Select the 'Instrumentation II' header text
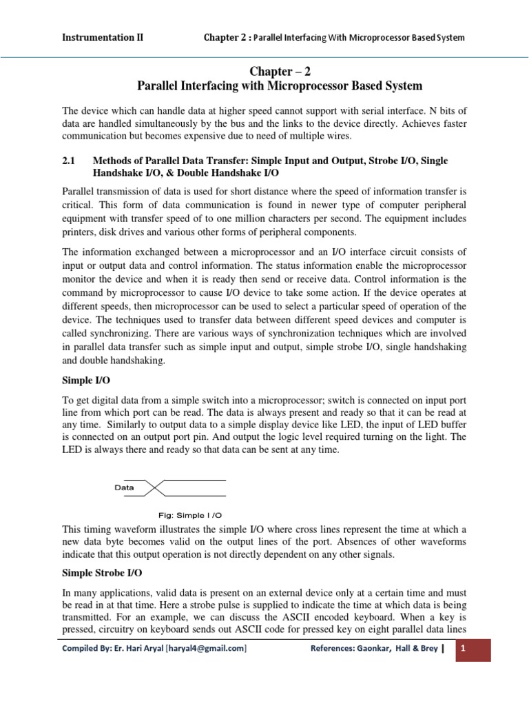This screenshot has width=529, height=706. tap(103, 37)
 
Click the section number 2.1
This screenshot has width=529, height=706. tap(68, 160)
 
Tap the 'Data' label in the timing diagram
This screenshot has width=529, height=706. tap(124, 487)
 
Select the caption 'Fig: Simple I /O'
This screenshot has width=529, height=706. tap(191, 515)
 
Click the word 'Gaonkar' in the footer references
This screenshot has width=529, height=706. tap(387, 648)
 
